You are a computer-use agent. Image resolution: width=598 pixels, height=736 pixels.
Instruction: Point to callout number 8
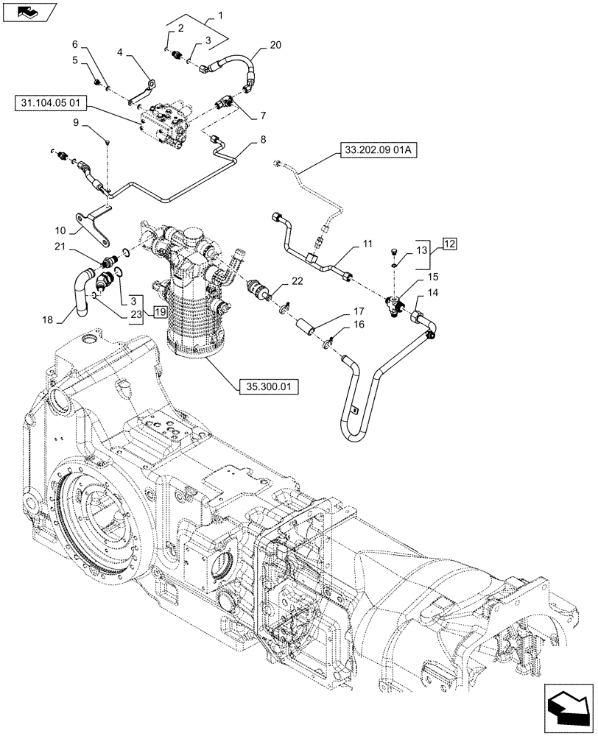coord(263,139)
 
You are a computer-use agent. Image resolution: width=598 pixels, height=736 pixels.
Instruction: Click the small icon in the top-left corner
coord(29,12)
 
